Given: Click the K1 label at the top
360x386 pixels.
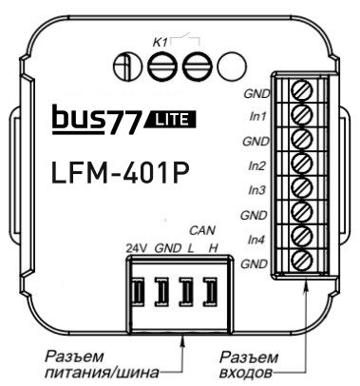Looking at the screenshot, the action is [x=161, y=41].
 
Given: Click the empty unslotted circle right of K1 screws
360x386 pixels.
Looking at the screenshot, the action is [x=229, y=68].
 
